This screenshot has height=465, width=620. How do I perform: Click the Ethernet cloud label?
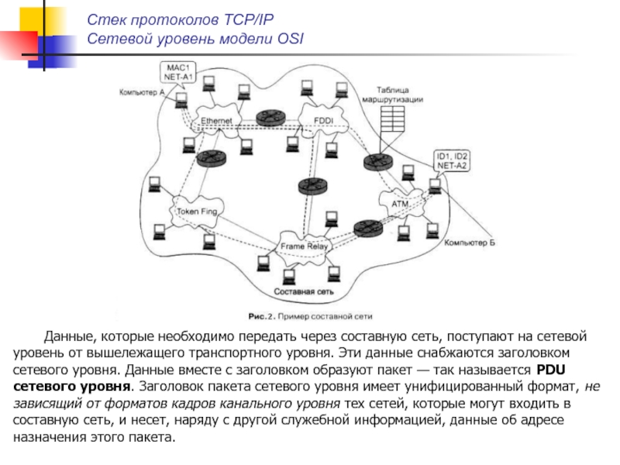tap(216, 121)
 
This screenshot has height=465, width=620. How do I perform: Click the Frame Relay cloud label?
tap(305, 246)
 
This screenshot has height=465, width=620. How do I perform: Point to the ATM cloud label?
tap(400, 204)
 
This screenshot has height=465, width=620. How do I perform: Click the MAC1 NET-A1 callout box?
tap(177, 72)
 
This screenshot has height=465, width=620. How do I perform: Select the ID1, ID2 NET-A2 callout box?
tap(452, 160)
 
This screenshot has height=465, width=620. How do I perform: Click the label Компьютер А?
tap(142, 92)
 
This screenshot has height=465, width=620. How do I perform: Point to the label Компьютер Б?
tap(469, 243)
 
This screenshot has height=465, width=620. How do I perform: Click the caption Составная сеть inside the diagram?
tap(303, 292)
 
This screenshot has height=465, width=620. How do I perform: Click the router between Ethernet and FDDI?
tap(271, 117)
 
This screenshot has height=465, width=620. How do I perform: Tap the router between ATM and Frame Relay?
tap(363, 228)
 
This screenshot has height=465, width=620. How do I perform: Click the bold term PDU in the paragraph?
tap(550, 369)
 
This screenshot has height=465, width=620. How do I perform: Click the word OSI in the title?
tap(291, 37)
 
